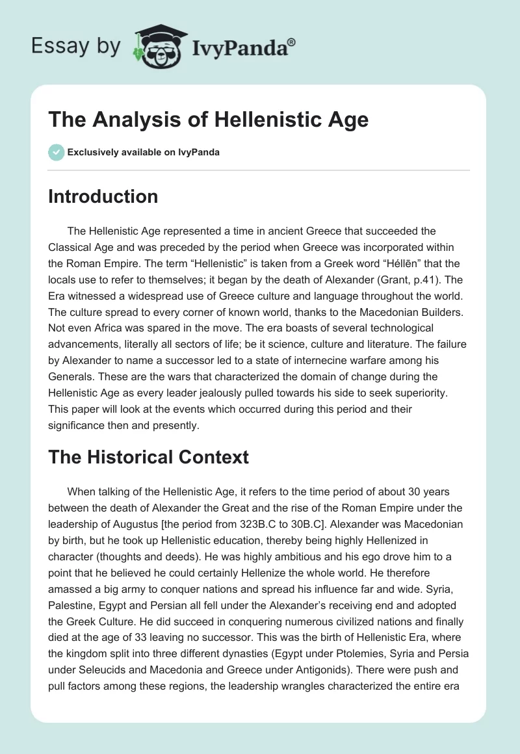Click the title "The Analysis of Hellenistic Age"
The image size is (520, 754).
coord(208,120)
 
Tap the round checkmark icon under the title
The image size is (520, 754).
coord(56,152)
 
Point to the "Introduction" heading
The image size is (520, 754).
coord(103,196)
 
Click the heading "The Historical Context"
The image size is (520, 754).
coord(148,457)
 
